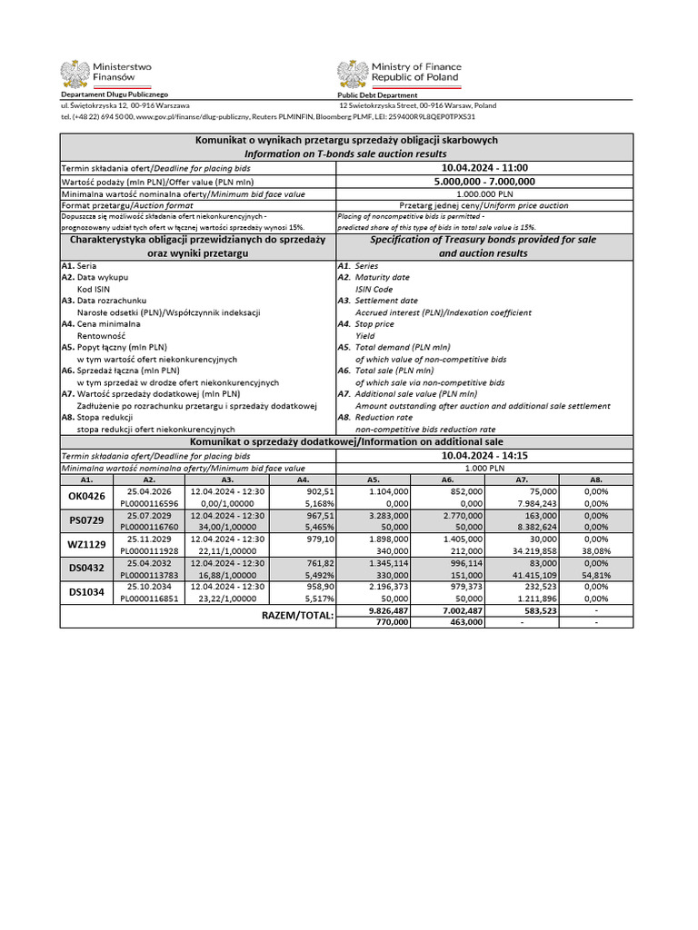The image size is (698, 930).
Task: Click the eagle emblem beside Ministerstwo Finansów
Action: click(x=75, y=74)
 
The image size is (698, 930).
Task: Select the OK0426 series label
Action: click(x=87, y=497)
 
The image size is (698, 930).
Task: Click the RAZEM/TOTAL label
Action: click(x=297, y=617)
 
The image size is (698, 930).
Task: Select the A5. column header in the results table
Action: click(x=373, y=479)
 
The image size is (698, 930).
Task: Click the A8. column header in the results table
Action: click(x=596, y=479)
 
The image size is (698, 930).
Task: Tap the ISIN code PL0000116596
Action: click(x=150, y=502)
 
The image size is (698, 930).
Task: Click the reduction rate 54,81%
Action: click(x=596, y=574)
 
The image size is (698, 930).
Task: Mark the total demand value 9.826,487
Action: click(x=387, y=610)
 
